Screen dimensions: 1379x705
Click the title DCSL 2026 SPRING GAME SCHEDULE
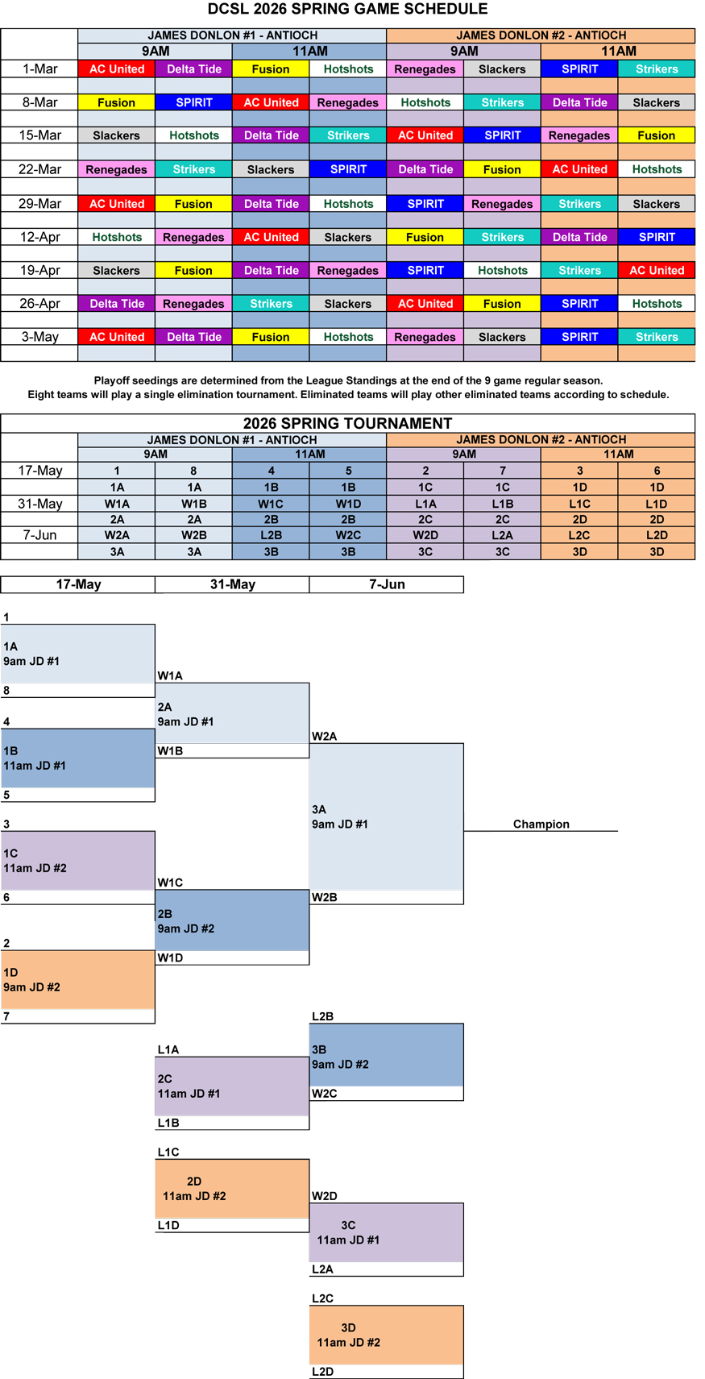click(x=347, y=10)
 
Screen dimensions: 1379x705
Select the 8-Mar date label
click(x=39, y=102)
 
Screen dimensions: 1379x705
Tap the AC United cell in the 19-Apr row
click(x=656, y=271)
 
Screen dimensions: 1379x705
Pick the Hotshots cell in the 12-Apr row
click(x=117, y=237)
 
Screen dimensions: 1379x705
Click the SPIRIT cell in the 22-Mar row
click(x=348, y=169)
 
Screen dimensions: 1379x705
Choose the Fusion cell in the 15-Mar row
click(x=656, y=135)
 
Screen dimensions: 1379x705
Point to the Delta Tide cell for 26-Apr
click(x=117, y=304)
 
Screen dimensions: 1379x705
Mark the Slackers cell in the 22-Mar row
click(x=271, y=169)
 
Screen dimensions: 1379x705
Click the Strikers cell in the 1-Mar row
click(x=656, y=69)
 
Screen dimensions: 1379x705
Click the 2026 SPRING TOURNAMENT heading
click(x=347, y=424)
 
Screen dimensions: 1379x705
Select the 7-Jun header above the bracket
click(x=387, y=584)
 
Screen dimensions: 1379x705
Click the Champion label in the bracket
click(x=541, y=824)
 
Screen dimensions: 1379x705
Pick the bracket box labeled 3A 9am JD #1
click(x=386, y=816)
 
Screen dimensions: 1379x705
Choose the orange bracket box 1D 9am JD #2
click(x=77, y=979)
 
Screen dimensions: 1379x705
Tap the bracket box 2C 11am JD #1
click(x=232, y=1086)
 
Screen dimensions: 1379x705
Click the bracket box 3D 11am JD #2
click(x=386, y=1335)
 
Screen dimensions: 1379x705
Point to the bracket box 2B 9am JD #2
click(x=232, y=920)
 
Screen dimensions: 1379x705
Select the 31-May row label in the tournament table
click(x=39, y=504)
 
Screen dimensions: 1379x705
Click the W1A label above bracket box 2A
click(x=170, y=676)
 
